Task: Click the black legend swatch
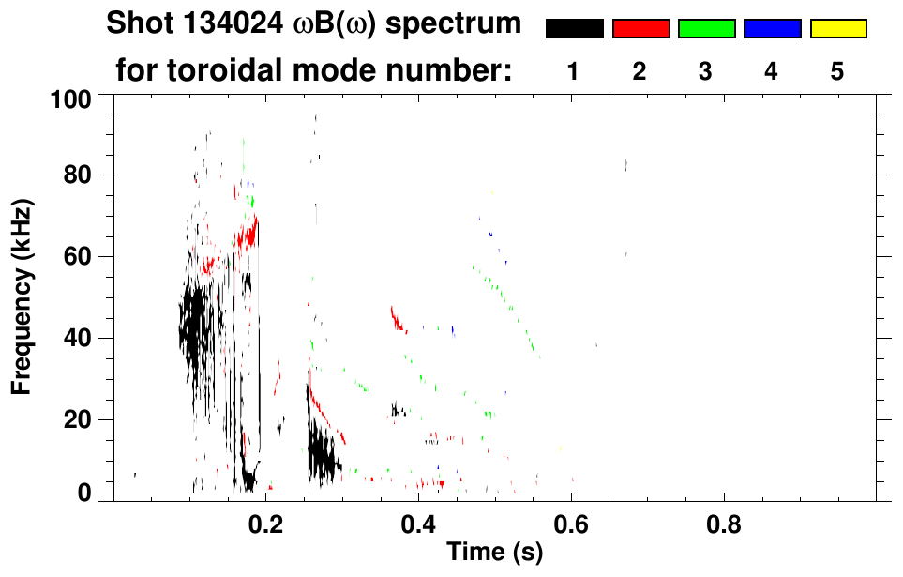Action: coord(574,29)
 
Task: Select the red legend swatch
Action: coord(640,29)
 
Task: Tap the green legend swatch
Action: coord(706,29)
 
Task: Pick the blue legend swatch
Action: coord(772,29)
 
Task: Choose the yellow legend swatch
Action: coord(838,29)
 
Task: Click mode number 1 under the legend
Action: coord(573,72)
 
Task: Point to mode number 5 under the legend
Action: coord(837,72)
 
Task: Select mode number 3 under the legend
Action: coord(705,72)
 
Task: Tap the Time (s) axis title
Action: coord(494,553)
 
